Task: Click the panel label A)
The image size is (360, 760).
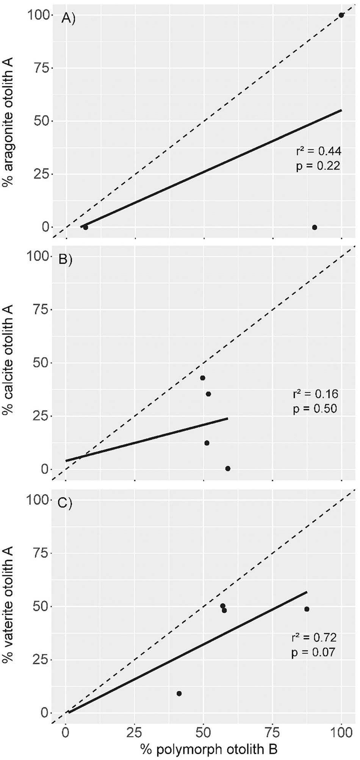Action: coord(69,18)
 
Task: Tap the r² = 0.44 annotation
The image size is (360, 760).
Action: coord(319,152)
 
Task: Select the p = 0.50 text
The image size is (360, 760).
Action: coord(315,409)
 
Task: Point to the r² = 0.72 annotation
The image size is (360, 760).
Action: coord(314,638)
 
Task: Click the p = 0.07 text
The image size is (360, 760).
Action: coord(313,653)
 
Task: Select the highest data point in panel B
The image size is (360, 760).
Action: coord(203,378)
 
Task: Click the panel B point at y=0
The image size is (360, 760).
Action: coord(228,468)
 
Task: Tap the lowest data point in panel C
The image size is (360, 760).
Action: coord(179,693)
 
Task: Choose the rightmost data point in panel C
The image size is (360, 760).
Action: coord(307,609)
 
